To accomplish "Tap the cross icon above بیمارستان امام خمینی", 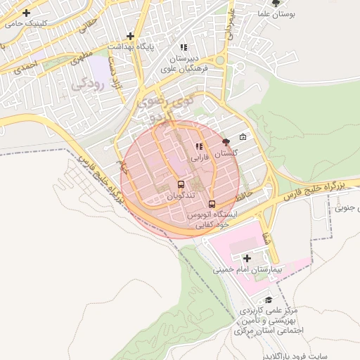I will tap(247, 258).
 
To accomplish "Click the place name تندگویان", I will tap(181, 196).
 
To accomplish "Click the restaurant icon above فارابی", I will tap(199, 147).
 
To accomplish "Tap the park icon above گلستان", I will tap(226, 142).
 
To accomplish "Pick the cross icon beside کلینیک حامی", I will tap(27, 13).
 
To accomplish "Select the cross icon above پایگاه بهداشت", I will tap(130, 36).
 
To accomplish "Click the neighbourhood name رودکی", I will tap(88, 85).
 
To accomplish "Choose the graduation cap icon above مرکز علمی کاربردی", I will tap(269, 300).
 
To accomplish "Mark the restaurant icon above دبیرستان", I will tap(184, 48).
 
